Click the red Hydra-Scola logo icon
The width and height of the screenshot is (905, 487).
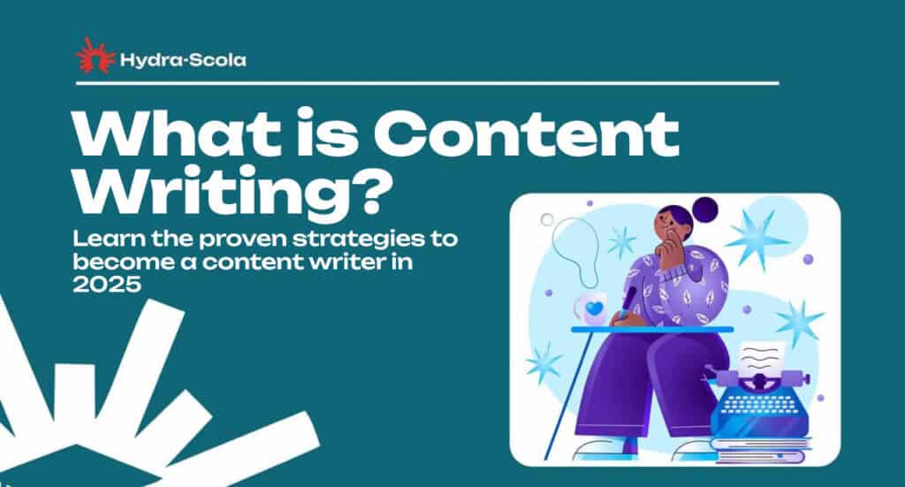(x=95, y=56)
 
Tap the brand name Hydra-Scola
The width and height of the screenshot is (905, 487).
(x=183, y=60)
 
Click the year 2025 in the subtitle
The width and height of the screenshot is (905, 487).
(x=107, y=285)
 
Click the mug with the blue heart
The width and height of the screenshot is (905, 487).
(x=591, y=309)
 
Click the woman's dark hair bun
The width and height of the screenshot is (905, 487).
(x=704, y=209)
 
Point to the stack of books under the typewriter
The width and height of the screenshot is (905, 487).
(x=761, y=450)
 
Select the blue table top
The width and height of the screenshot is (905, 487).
(x=652, y=330)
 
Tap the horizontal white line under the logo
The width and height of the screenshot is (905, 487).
(x=428, y=83)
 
